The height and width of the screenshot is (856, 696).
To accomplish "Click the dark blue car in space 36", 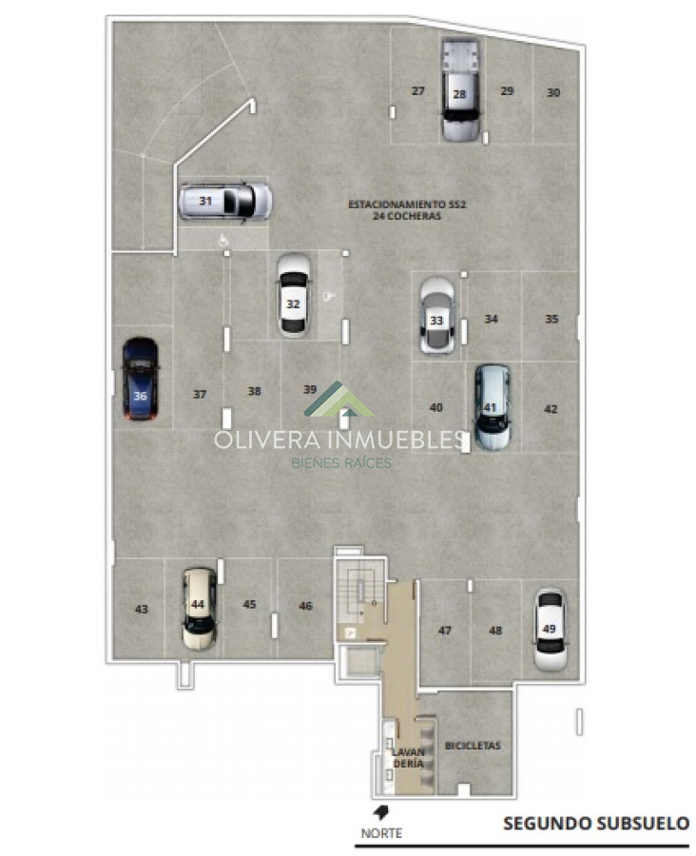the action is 141,379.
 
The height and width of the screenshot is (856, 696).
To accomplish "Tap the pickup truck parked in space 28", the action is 460,89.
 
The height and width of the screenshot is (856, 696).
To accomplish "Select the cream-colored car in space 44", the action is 199,608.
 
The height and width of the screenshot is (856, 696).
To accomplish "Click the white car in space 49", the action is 550,630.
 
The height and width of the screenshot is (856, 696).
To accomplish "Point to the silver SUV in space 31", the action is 225,202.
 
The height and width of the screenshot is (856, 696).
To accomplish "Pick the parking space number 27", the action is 418,90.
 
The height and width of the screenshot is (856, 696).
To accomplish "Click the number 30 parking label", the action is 553,92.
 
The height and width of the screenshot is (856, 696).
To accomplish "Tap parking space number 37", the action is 200,394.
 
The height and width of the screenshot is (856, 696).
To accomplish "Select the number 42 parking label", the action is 551,408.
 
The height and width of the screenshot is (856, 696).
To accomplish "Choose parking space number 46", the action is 306,606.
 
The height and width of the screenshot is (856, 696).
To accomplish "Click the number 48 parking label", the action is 495,630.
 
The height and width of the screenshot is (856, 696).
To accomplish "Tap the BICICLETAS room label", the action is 473,745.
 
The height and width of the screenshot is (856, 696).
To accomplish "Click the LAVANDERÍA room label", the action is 408,758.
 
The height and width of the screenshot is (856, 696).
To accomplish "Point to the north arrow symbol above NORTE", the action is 380,812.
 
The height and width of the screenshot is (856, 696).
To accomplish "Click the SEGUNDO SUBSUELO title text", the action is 596,823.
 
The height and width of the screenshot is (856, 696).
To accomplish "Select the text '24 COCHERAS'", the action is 407,216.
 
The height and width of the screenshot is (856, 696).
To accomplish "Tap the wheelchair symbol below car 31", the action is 223,239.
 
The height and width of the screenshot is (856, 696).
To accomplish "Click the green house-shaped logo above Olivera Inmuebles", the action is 338,399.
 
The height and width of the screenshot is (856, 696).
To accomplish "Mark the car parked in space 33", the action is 436,315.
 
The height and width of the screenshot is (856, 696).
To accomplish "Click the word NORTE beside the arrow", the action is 381,833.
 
